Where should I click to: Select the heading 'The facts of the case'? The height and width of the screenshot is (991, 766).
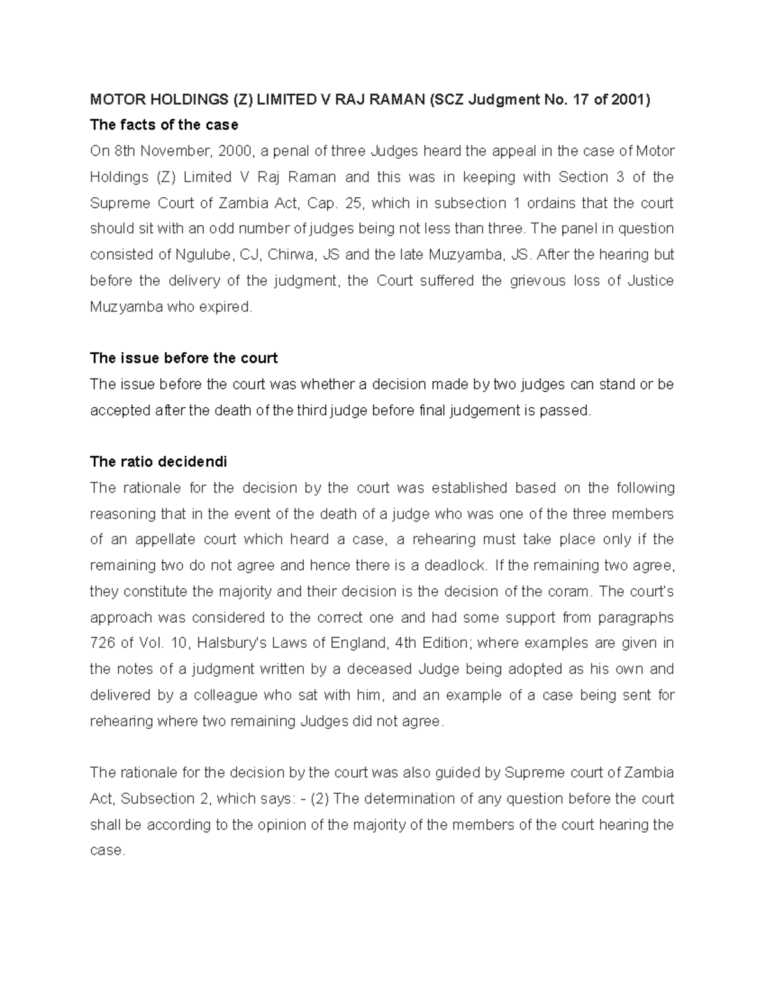tap(164, 124)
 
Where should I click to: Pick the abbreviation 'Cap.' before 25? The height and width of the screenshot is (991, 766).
tap(321, 203)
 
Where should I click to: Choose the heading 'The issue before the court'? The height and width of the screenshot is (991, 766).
tap(184, 358)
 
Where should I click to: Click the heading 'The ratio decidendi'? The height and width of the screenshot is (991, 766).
tap(158, 461)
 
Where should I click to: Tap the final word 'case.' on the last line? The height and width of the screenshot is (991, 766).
tap(107, 851)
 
